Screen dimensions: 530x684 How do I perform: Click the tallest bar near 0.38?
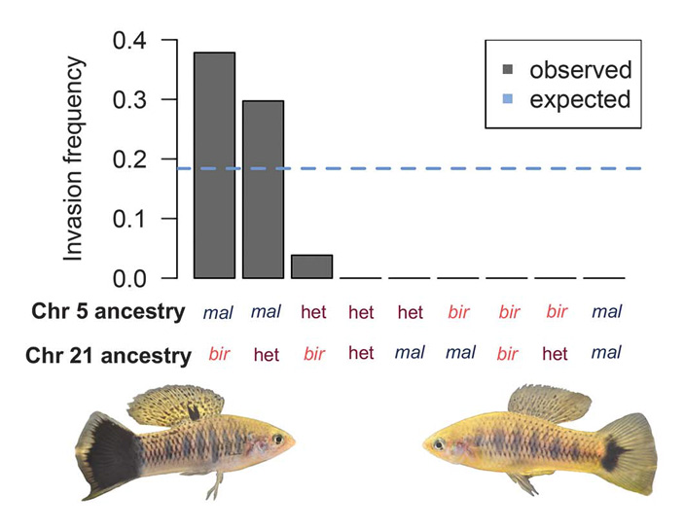click(x=214, y=165)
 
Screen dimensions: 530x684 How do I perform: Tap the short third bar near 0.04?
click(x=312, y=266)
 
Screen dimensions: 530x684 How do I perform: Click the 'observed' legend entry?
click(x=580, y=70)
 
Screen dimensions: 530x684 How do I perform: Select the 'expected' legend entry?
click(x=580, y=99)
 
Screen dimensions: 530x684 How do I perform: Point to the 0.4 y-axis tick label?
click(x=131, y=40)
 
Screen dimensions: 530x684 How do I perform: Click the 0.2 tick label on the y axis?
click(x=131, y=159)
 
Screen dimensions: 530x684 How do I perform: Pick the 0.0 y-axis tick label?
click(x=131, y=279)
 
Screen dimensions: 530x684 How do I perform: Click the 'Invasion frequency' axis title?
click(x=76, y=159)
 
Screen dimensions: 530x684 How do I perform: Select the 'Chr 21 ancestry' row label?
click(x=106, y=356)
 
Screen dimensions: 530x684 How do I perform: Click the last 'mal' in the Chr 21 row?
click(x=605, y=353)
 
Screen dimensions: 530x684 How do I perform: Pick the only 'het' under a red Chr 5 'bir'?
click(x=557, y=354)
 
